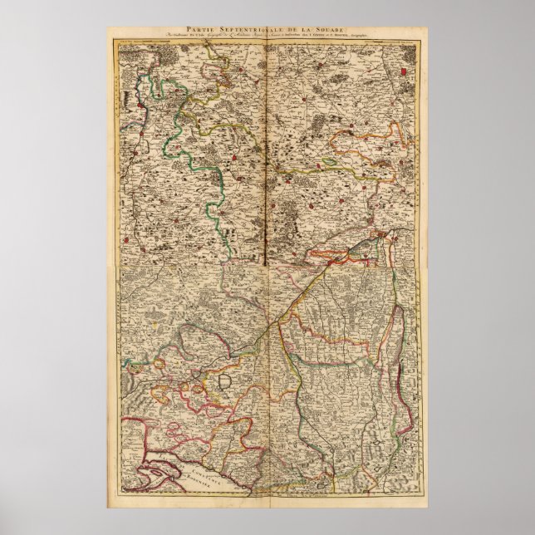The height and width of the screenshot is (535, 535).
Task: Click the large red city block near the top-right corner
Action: click(405, 72)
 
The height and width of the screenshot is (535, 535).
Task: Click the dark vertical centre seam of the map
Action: click(267, 166)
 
